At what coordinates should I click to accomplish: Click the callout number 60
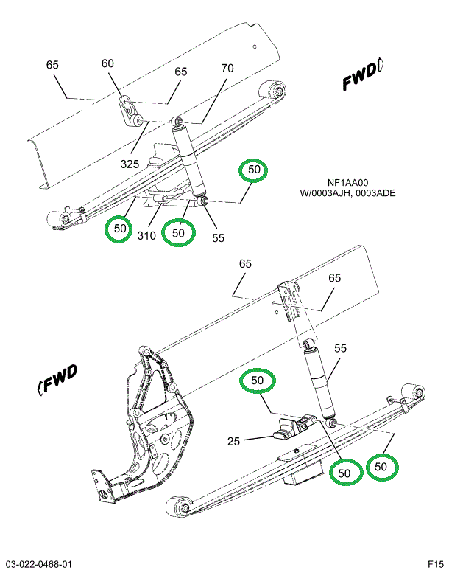[x=108, y=64]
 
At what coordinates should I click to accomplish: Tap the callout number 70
[x=227, y=69]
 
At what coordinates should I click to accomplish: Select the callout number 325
[x=130, y=164]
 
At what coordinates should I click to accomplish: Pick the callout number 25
[x=233, y=442]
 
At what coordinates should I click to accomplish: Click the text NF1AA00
[x=347, y=184]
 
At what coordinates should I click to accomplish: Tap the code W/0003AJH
[x=324, y=194]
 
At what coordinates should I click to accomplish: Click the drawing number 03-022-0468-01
[x=38, y=564]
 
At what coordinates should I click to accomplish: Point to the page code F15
[x=434, y=564]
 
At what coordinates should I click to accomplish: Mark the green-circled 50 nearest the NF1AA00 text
[x=254, y=170]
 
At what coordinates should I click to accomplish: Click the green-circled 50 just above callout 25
[x=257, y=381]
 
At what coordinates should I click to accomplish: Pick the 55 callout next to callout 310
[x=217, y=238]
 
